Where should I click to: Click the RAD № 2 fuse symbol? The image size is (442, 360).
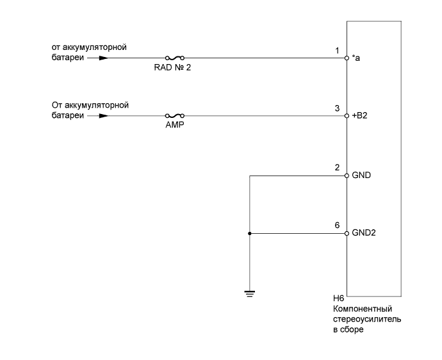click(x=175, y=58)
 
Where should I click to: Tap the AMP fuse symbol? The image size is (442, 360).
click(x=175, y=117)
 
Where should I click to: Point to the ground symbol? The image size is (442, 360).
click(x=249, y=294)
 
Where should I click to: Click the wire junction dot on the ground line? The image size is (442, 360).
click(x=249, y=234)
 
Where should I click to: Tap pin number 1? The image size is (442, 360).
click(x=337, y=50)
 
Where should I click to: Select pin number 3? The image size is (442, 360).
click(x=337, y=109)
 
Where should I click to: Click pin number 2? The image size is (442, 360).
click(x=337, y=168)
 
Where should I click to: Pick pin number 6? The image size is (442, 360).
click(x=337, y=226)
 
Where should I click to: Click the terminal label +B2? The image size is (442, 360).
click(x=360, y=117)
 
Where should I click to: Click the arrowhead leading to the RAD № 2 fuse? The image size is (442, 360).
click(x=104, y=58)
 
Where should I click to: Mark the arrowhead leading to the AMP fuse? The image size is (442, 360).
click(x=104, y=117)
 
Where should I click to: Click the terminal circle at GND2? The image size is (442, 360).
click(x=347, y=234)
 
